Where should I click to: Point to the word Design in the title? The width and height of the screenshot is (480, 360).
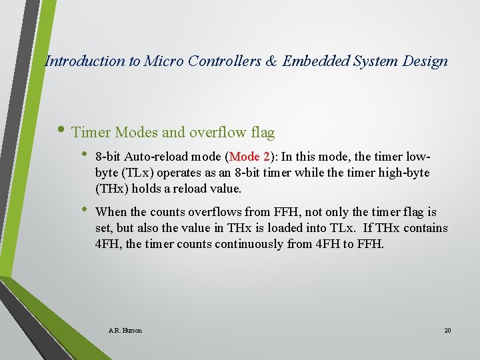click(425, 61)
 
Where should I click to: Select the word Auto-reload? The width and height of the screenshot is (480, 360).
click(153, 157)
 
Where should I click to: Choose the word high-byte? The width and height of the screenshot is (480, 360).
click(405, 173)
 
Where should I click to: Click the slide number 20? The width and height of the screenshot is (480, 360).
click(447, 330)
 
